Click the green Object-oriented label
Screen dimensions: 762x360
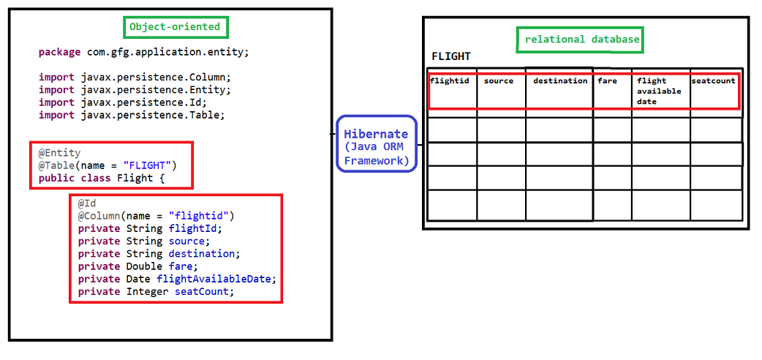tap(175, 27)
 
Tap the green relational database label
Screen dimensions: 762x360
tap(580, 40)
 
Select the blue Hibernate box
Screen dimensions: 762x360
tap(377, 143)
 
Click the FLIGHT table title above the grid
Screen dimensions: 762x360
tap(451, 56)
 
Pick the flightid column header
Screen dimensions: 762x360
tap(450, 80)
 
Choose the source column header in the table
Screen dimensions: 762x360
tap(499, 80)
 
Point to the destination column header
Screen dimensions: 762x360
tap(560, 80)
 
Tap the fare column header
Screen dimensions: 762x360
tap(608, 80)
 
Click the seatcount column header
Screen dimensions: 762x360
tap(714, 80)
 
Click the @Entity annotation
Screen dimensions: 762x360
tap(59, 153)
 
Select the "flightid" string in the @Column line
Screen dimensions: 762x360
tap(199, 216)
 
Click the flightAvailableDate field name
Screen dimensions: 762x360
tap(216, 279)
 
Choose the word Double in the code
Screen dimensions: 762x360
tap(144, 266)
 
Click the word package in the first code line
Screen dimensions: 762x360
tap(60, 53)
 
